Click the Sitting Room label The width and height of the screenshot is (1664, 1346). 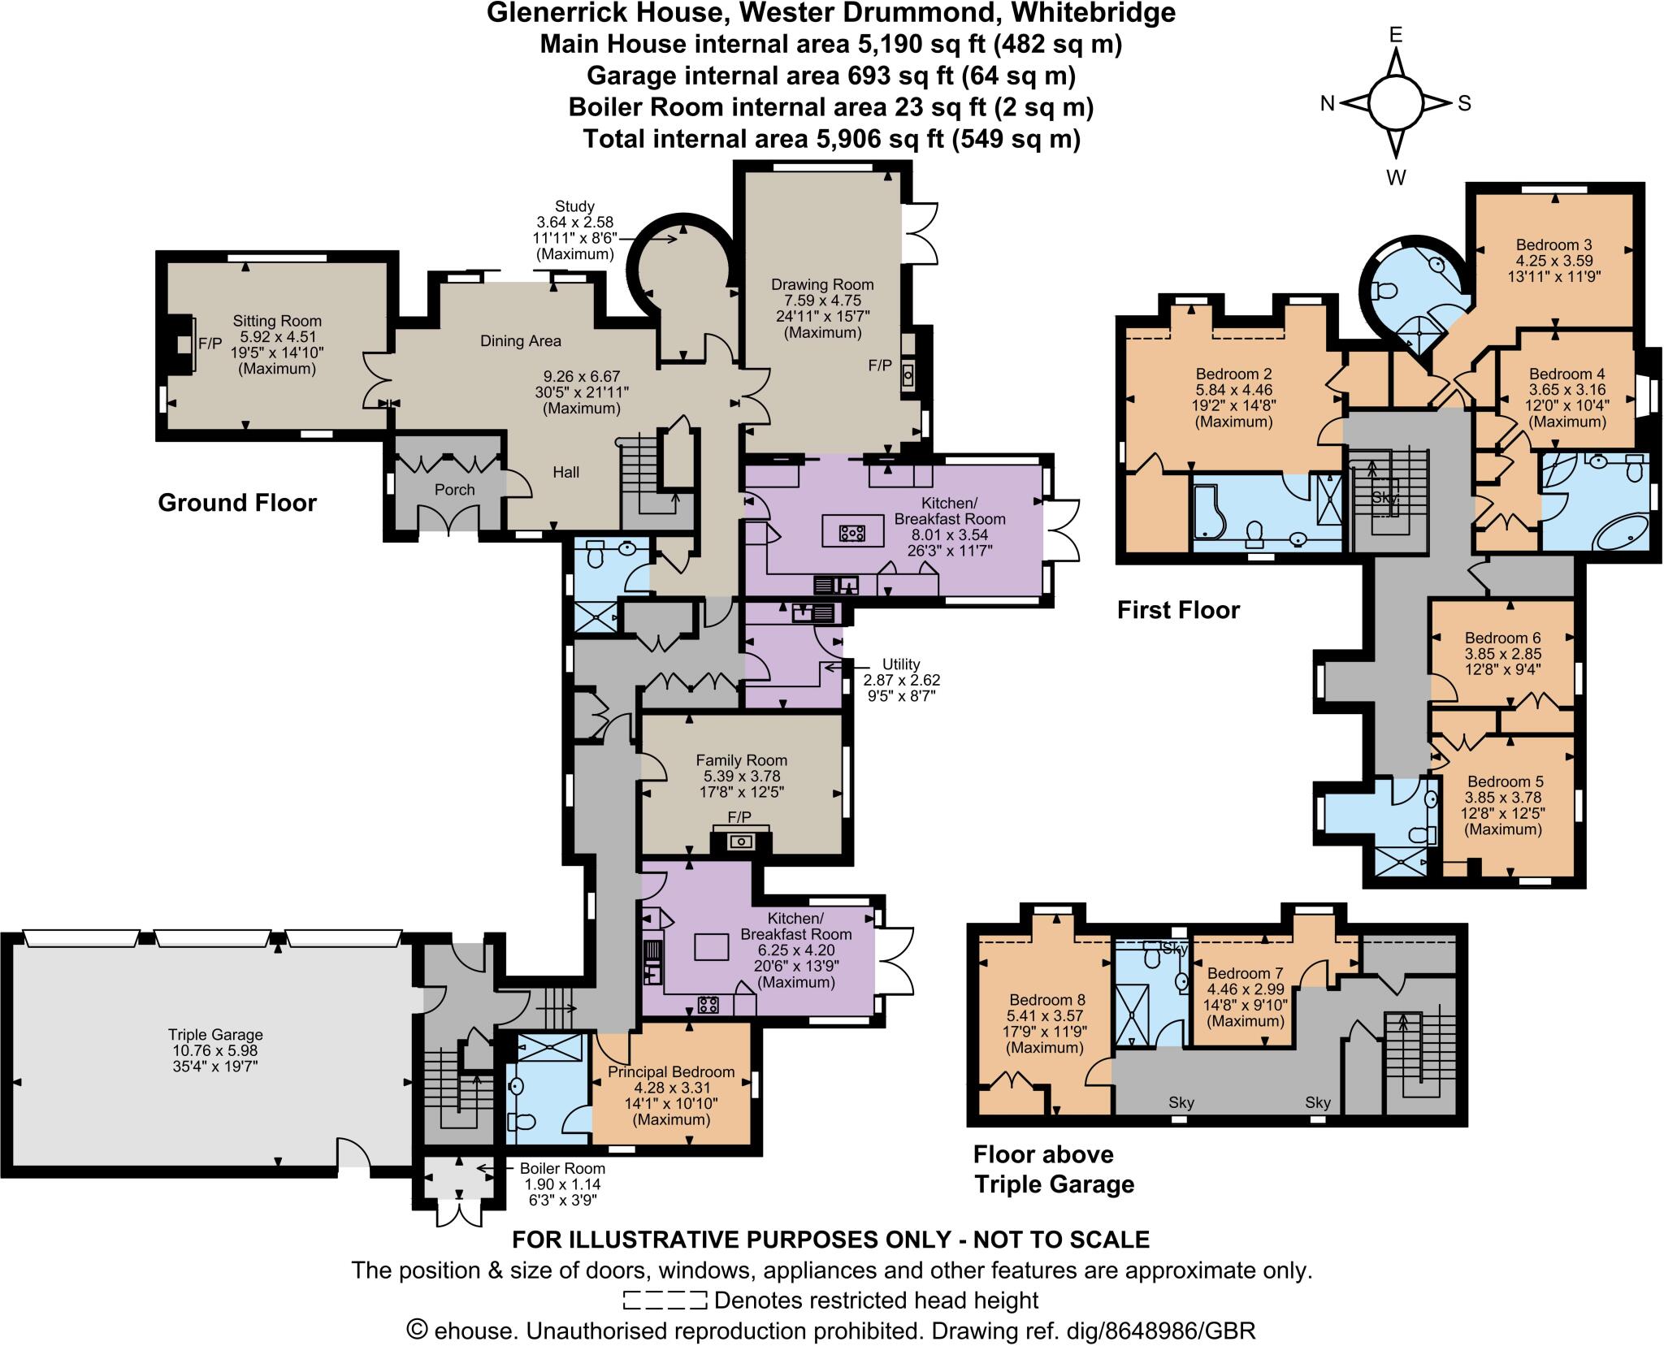coord(277,322)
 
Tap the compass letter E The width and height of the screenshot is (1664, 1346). coord(1396,35)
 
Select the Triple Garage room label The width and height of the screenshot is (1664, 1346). coord(215,1035)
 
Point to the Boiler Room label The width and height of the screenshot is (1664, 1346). coord(562,1169)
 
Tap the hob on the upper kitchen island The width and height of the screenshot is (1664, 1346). coord(851,534)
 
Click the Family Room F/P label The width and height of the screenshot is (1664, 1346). coord(739,816)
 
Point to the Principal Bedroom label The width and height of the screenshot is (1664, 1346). coord(671,1072)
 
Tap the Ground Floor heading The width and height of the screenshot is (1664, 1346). coord(236,503)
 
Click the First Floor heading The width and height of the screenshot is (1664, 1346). coord(1178,610)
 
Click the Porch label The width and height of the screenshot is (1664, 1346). coord(454,490)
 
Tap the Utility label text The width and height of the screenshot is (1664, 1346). coord(901,664)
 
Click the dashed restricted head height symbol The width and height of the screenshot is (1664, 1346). coord(664,1301)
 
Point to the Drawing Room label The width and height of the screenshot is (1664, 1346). coord(822,285)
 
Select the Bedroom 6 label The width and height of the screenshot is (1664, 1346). coord(1502,638)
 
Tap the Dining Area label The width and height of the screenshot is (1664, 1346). coord(520,341)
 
